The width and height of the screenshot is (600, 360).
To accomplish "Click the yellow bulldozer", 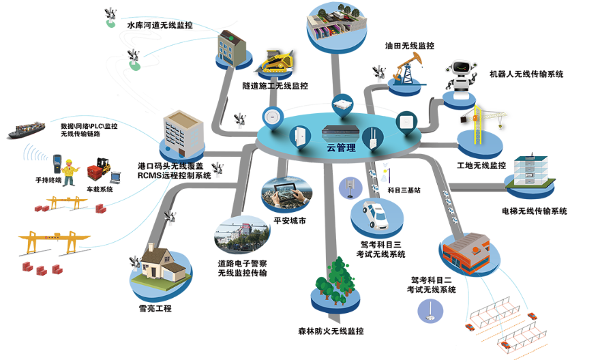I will point(278,61).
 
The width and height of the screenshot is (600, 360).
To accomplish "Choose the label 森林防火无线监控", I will point(331,331).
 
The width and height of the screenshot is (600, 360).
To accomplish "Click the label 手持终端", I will point(48,181).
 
